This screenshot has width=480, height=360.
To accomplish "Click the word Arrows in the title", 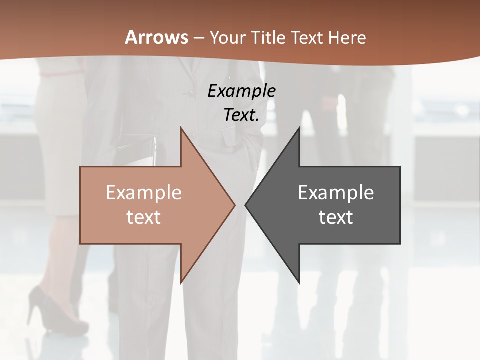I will pos(157,37).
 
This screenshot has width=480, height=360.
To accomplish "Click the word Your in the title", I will pos(227,38).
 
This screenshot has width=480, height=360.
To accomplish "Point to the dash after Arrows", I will pos(198,38).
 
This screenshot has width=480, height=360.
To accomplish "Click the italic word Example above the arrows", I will pos(242,91).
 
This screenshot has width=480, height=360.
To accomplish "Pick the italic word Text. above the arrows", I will pos(242,115).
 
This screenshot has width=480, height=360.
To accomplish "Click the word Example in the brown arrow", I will pos(144,192).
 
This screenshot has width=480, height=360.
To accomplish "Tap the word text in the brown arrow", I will pos(144,217).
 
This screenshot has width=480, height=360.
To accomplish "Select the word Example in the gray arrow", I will pos(336,192).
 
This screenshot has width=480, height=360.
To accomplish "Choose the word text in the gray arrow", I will pos(336,217).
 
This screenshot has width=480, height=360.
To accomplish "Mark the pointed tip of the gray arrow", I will pos(246,205).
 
